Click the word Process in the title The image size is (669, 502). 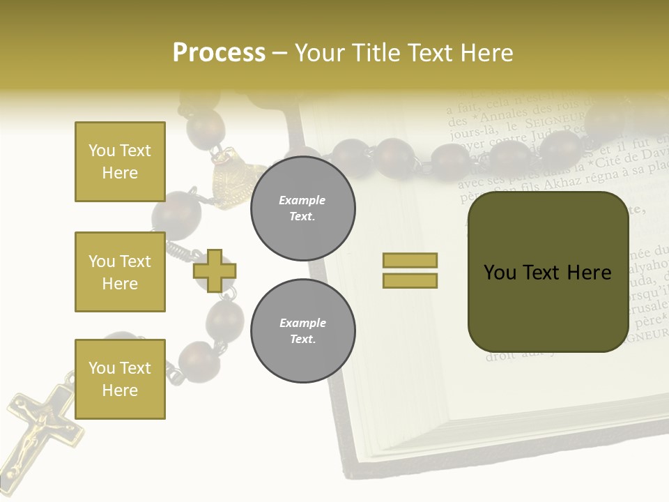(219, 53)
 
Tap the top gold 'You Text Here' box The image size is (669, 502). (120, 162)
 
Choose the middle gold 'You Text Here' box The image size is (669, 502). (120, 272)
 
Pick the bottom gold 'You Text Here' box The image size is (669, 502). (120, 379)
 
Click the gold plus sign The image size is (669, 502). (215, 271)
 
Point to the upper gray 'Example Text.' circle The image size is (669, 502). (302, 208)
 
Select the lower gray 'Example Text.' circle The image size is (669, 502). (302, 330)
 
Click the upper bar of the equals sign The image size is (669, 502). (410, 260)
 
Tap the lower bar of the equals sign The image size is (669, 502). (410, 280)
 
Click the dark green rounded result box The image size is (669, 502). (548, 272)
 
